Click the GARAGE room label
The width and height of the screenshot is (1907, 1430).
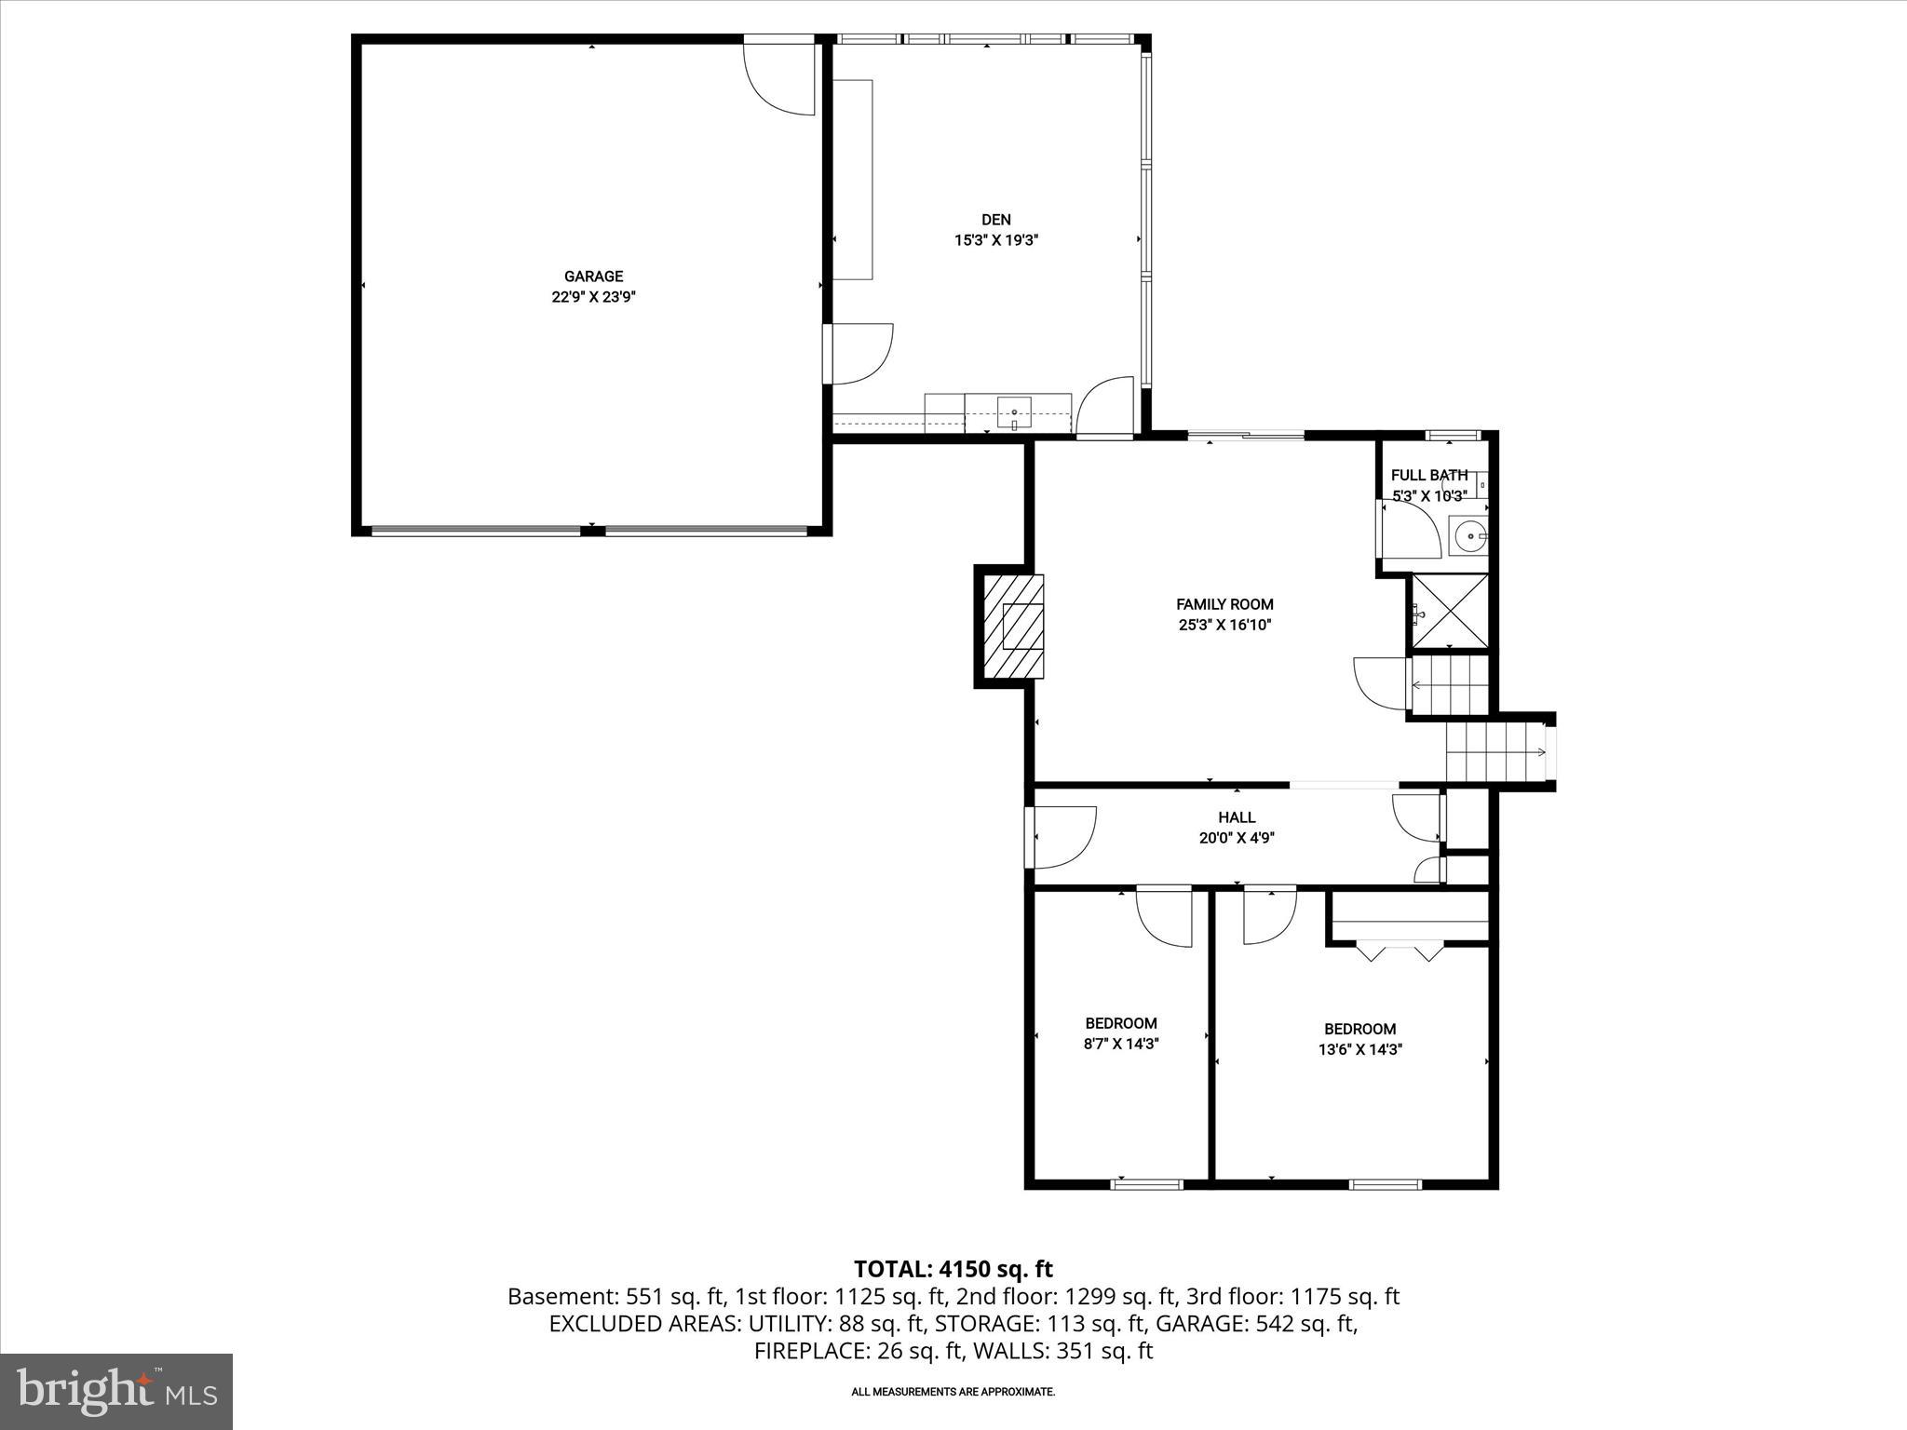point(593,277)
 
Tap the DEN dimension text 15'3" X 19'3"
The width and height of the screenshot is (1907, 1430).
point(995,240)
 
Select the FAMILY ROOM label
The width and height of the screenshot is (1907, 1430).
point(1224,604)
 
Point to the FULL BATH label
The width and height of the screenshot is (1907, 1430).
point(1429,475)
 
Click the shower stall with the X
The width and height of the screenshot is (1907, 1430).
point(1451,611)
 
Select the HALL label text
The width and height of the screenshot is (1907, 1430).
point(1237,817)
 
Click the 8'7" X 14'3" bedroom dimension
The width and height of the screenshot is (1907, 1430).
point(1121,1044)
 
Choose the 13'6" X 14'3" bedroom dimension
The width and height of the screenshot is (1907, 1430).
point(1359,1049)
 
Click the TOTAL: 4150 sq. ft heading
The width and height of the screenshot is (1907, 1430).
point(953,1269)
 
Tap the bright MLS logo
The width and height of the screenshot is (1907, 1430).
point(116,1391)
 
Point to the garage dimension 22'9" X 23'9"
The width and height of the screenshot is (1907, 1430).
point(593,297)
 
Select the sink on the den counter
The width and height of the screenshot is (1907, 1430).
point(1014,411)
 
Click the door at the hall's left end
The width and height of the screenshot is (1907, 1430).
point(1063,837)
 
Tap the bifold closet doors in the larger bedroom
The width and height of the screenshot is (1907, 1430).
point(1400,951)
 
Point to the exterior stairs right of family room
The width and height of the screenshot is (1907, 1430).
point(1494,752)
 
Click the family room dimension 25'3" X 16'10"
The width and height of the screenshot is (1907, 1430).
point(1224,626)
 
